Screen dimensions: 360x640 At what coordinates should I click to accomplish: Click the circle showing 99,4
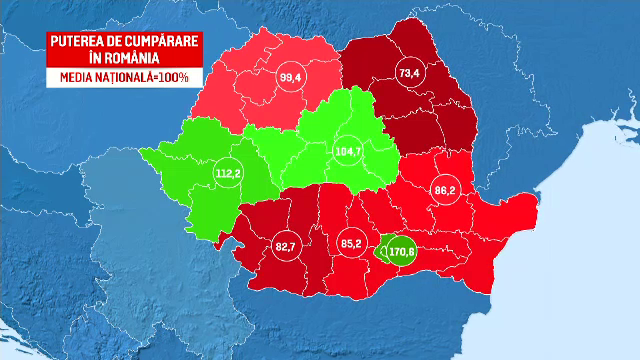[x=292, y=76]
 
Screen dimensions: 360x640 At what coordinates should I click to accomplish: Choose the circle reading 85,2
[x=350, y=242]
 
